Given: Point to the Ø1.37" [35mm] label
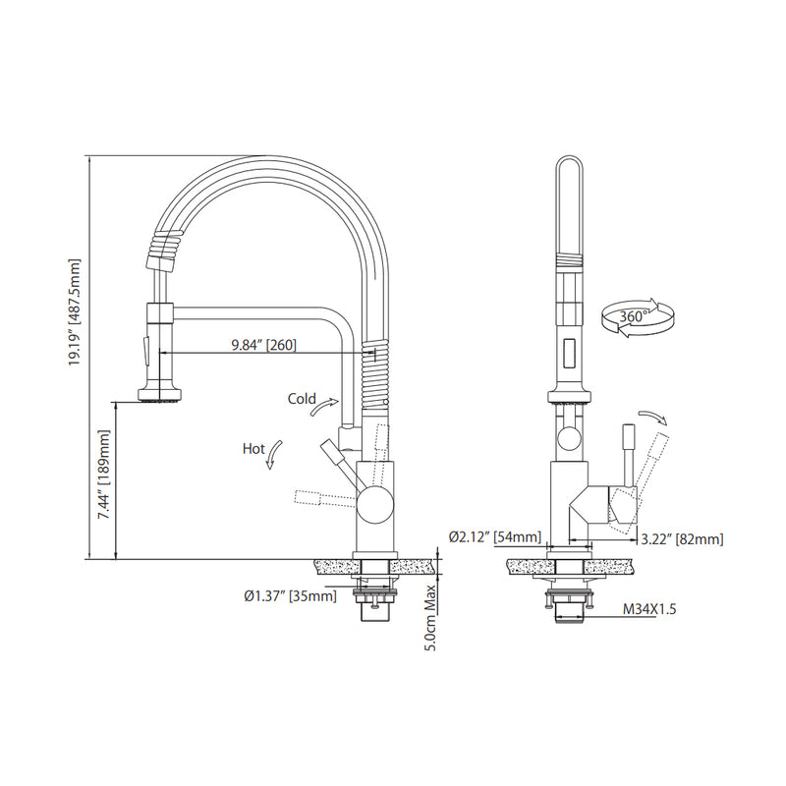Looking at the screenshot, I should pyautogui.click(x=290, y=595).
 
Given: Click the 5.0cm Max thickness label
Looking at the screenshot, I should pyautogui.click(x=430, y=614).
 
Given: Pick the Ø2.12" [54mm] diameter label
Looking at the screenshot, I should pyautogui.click(x=495, y=536).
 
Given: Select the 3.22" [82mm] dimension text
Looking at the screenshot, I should pyautogui.click(x=681, y=538).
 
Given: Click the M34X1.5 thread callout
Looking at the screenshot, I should pyautogui.click(x=649, y=609).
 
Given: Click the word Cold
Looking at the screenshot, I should pyautogui.click(x=302, y=399).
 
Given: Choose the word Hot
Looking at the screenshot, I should pyautogui.click(x=253, y=449).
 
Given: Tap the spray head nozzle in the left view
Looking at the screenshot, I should pyautogui.click(x=159, y=397).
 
